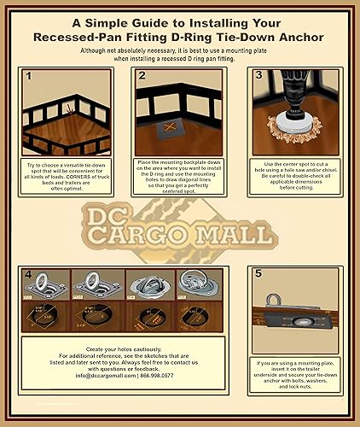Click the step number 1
pyautogui.click(x=29, y=77)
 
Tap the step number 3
pyautogui.click(x=258, y=76)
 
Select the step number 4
pyautogui.click(x=29, y=275)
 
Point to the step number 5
pyautogui.click(x=258, y=275)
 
